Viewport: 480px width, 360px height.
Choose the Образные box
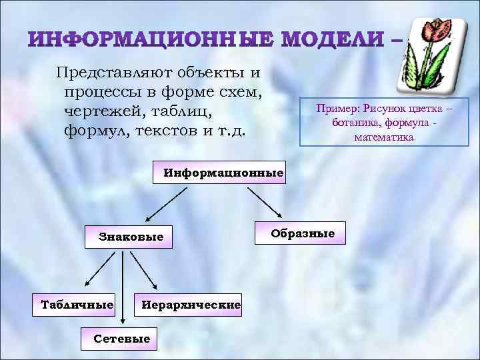(x=302, y=234)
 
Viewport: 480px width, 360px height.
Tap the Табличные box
(x=77, y=305)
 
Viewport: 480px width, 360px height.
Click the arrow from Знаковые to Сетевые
(x=121, y=287)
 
